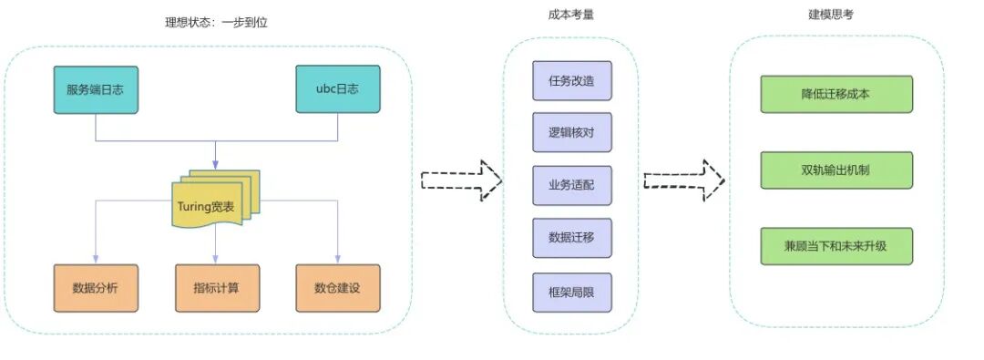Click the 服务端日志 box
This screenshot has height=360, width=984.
tap(96, 89)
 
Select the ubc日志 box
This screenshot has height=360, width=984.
tap(337, 89)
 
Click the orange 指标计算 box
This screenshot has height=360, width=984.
tap(217, 288)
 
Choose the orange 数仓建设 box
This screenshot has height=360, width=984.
tap(337, 288)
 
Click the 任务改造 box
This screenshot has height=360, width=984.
tap(571, 80)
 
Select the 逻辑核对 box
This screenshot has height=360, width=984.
tap(571, 133)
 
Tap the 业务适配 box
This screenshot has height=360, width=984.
tap(571, 186)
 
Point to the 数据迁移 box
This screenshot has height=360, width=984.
tap(571, 238)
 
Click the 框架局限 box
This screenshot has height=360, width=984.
tap(571, 292)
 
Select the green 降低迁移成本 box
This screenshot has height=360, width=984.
tap(835, 94)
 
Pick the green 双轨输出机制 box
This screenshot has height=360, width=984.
tap(835, 170)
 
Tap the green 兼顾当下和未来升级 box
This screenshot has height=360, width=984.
tap(835, 247)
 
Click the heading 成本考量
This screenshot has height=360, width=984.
tap(571, 15)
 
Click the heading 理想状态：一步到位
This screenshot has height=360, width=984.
tap(210, 21)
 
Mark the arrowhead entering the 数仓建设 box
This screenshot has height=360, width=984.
tap(338, 260)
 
